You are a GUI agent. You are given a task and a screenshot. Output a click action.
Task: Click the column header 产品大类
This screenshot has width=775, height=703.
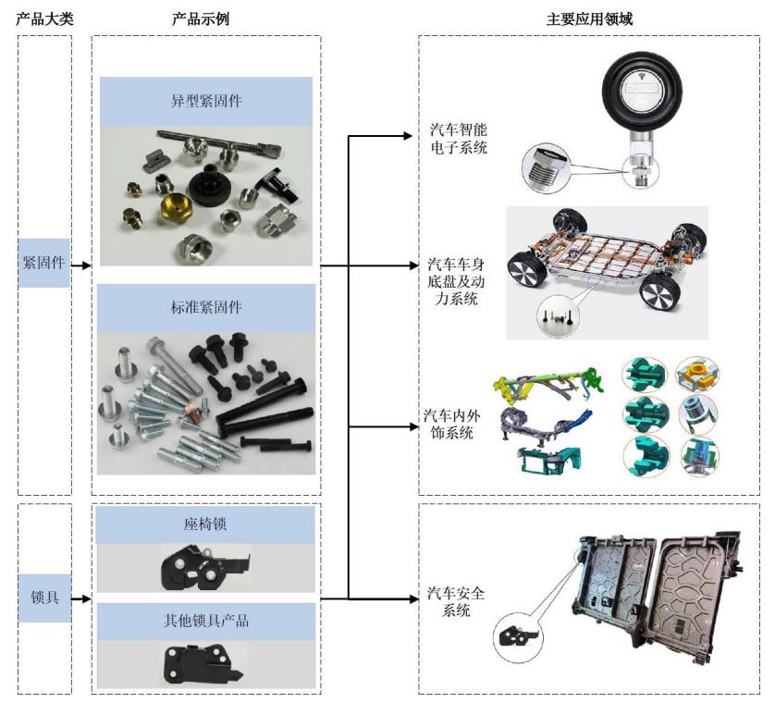click(x=44, y=18)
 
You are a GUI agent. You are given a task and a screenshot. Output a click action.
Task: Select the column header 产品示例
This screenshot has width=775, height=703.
click(x=205, y=18)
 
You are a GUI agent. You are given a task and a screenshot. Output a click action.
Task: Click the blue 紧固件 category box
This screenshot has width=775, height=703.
click(x=44, y=262)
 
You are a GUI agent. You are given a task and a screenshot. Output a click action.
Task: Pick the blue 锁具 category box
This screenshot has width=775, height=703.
click(x=44, y=598)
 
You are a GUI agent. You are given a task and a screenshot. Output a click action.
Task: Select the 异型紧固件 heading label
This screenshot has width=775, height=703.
click(x=206, y=101)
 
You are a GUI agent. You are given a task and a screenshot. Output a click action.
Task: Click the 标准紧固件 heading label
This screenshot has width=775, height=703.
click(x=206, y=307)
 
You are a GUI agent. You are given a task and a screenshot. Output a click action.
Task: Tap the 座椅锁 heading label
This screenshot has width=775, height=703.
click(x=206, y=524)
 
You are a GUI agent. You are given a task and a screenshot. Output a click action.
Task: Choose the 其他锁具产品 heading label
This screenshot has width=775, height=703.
click(x=206, y=621)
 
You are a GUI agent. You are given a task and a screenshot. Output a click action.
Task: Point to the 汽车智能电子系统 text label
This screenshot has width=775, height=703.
click(x=459, y=138)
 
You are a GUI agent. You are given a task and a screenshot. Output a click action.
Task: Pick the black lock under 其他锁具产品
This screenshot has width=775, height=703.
click(x=200, y=664)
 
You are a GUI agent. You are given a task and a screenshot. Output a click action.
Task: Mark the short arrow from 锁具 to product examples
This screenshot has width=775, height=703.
click(x=81, y=598)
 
